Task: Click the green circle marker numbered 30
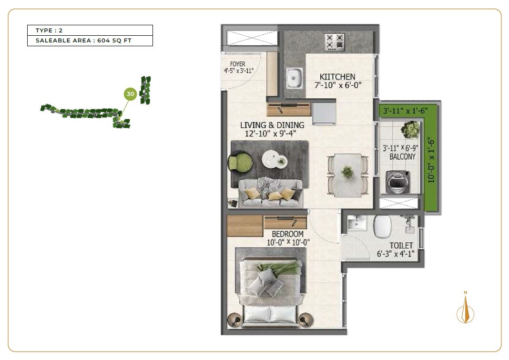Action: tap(131, 94)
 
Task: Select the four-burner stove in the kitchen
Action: tap(335, 41)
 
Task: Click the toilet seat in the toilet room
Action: tap(382, 226)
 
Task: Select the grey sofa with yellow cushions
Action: tap(270, 193)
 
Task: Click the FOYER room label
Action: tap(237, 64)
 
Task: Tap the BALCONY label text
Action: tap(403, 156)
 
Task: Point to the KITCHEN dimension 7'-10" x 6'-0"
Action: tap(338, 85)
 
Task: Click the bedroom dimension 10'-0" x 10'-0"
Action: tap(288, 242)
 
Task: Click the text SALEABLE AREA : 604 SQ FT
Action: tap(83, 41)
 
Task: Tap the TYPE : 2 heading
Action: tap(49, 31)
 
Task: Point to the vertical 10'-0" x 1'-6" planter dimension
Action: tap(431, 160)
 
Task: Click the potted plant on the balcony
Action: tap(410, 129)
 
